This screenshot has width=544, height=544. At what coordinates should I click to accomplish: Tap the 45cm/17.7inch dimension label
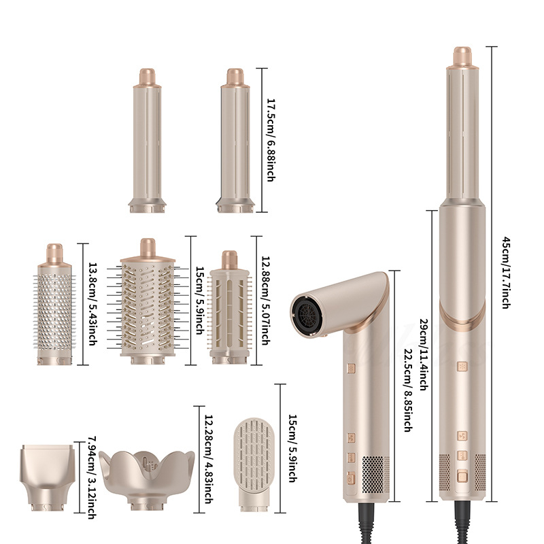(506, 273)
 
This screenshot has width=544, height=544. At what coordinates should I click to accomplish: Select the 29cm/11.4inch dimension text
(423, 355)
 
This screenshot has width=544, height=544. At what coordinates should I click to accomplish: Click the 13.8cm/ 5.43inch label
(92, 304)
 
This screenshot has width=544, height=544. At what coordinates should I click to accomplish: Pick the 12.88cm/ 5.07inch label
(265, 301)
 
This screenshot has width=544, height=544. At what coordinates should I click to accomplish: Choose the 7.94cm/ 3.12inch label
(91, 477)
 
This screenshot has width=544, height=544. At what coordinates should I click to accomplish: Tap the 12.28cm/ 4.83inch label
(208, 459)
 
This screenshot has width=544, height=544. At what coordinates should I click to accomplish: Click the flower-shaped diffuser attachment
(147, 480)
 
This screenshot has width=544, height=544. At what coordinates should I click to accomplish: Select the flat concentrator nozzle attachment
(48, 478)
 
